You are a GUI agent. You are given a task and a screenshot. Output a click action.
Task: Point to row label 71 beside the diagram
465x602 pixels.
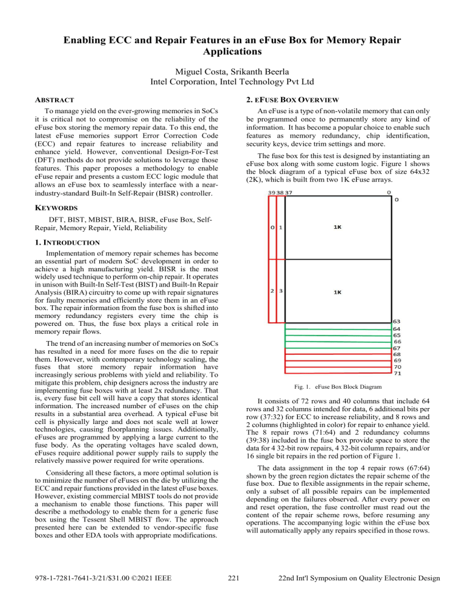tap(397, 375)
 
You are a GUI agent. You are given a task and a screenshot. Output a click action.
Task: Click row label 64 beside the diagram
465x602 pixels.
tap(397, 329)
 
